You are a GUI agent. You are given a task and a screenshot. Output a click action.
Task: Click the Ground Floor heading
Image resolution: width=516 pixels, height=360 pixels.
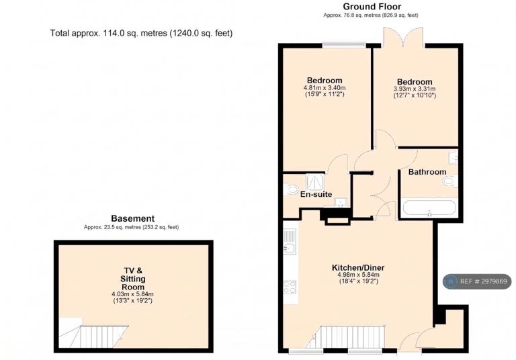click(372, 7)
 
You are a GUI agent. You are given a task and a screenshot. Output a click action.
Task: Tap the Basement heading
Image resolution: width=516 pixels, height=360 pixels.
click(132, 218)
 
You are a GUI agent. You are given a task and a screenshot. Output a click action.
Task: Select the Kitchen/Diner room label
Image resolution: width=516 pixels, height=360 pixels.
click(358, 267)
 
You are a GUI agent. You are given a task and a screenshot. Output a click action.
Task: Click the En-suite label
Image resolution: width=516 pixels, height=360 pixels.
click(316, 194)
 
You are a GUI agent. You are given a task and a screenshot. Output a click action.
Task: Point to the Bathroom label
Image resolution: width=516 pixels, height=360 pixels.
click(427, 172)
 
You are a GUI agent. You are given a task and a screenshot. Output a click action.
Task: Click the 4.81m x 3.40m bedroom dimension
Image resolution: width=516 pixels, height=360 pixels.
click(325, 88)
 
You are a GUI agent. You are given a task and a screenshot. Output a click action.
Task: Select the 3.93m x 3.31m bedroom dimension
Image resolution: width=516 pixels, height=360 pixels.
click(415, 89)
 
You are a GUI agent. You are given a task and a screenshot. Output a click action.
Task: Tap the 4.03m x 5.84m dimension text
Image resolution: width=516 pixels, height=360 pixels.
click(132, 294)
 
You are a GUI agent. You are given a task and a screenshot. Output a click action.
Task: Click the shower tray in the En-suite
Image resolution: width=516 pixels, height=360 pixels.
click(315, 182)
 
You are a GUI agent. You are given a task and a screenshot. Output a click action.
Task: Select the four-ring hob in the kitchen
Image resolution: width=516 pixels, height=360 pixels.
click(290, 287)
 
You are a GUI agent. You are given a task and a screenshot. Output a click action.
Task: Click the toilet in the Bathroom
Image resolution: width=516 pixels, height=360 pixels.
click(449, 181)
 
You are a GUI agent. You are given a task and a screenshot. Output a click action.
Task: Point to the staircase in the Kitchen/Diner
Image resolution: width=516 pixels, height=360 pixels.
click(345, 337)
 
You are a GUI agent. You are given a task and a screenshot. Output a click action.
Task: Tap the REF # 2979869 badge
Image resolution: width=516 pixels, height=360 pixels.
click(477, 281)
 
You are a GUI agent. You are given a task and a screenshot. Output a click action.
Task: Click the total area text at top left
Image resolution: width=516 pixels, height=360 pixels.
click(141, 33)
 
